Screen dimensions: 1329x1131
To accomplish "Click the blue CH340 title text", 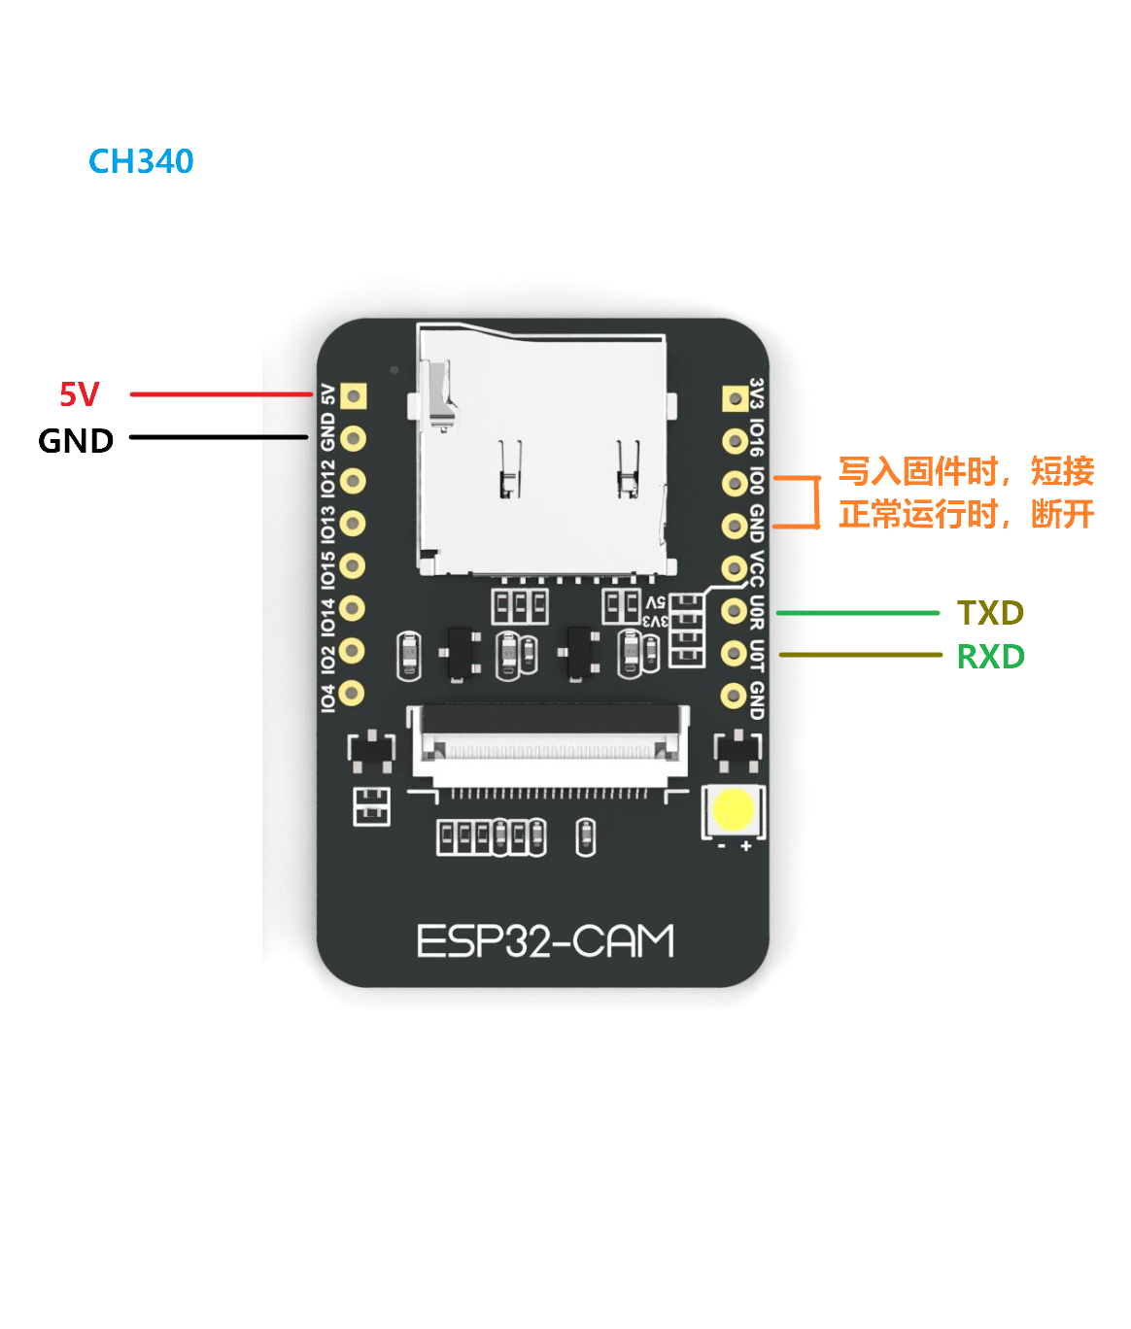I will click(x=141, y=161).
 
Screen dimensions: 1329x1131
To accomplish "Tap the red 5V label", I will click(x=80, y=394).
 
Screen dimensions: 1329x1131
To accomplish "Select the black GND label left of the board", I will click(x=76, y=441).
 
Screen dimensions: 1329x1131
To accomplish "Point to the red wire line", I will click(x=222, y=394).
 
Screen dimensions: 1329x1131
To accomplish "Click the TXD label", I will click(x=990, y=613).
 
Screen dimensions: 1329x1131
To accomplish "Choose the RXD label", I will click(x=990, y=657).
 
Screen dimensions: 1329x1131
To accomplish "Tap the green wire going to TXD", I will click(x=857, y=613).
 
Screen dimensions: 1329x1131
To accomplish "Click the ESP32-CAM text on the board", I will click(x=544, y=941).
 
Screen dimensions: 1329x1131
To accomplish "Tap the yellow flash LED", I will click(x=733, y=810).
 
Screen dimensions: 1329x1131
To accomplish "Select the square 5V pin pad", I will click(x=354, y=396).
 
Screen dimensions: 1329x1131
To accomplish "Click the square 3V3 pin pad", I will click(x=735, y=398).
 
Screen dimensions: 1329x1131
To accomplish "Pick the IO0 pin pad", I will click(x=735, y=483).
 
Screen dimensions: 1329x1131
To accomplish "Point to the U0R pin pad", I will click(x=735, y=611).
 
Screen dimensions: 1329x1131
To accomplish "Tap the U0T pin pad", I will click(x=735, y=653).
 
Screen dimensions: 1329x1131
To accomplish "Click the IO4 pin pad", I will click(x=352, y=693).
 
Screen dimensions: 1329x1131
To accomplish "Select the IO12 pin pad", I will click(x=353, y=481).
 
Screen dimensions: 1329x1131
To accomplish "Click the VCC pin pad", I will click(x=735, y=568).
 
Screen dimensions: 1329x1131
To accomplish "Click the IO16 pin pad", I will click(x=735, y=441).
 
